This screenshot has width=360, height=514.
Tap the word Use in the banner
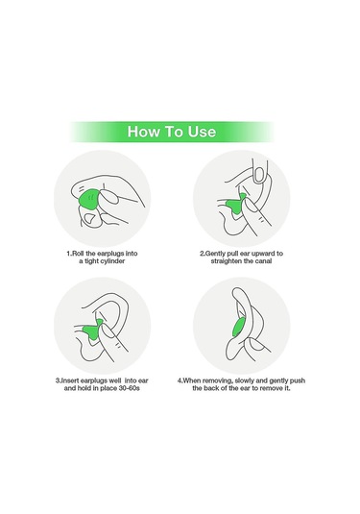(x=202, y=132)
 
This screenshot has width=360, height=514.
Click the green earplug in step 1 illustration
(x=89, y=201)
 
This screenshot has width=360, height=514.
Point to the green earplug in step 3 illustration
(x=94, y=330)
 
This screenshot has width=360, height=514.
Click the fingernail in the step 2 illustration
(x=259, y=175)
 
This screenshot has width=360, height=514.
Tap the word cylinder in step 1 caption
(x=111, y=261)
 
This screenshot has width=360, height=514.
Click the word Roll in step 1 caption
(x=78, y=254)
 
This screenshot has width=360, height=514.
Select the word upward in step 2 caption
(x=263, y=254)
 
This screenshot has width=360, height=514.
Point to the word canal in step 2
(x=263, y=261)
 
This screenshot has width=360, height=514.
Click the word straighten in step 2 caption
(x=227, y=261)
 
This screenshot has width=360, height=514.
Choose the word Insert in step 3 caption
(x=70, y=380)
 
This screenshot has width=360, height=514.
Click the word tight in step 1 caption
(x=90, y=261)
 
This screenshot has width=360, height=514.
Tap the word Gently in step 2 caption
(x=216, y=254)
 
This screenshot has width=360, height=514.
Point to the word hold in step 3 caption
(x=84, y=388)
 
